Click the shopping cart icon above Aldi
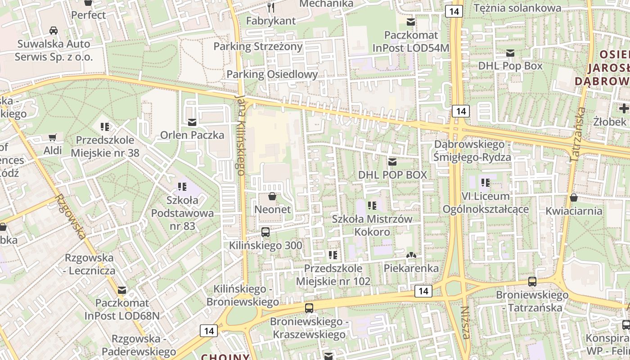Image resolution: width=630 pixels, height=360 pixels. point(53,137)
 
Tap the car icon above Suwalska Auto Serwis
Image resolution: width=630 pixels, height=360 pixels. point(54,31)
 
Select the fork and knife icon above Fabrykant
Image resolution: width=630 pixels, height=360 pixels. point(271,7)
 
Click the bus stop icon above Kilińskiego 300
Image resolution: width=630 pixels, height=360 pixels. point(265,232)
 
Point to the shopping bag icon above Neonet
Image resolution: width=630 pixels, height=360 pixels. point(272,196)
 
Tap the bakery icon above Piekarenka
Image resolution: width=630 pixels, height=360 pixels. point(411,256)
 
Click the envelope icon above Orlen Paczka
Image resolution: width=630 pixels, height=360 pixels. point(192,122)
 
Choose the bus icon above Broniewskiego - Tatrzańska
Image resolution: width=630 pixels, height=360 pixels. point(532,282)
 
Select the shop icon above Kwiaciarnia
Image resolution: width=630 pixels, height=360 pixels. point(574,198)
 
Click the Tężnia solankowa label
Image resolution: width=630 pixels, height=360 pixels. point(517,8)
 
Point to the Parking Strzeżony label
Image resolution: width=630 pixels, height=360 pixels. point(258,46)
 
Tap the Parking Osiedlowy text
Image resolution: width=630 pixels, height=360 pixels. point(272,74)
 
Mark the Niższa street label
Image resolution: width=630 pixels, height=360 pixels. point(465,323)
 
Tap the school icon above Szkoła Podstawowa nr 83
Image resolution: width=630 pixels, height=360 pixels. point(182,186)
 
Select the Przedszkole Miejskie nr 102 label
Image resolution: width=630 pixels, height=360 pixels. point(333,274)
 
